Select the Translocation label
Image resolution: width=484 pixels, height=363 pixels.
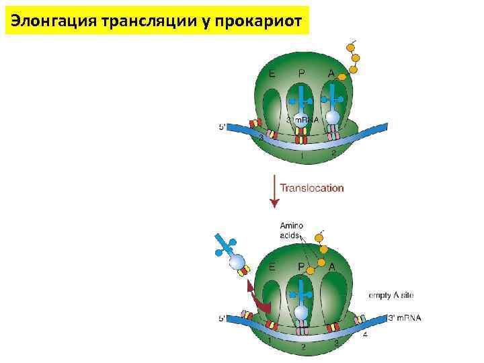[x=311, y=188]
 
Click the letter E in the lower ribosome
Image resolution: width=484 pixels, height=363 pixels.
[x=272, y=266]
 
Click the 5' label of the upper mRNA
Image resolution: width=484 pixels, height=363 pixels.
[x=223, y=126]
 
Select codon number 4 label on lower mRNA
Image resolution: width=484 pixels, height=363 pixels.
[x=365, y=334]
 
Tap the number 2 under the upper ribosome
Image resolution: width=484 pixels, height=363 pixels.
[x=333, y=153]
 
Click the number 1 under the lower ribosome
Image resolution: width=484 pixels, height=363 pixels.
[x=270, y=341]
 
